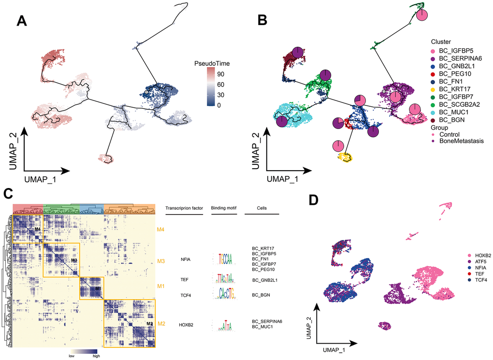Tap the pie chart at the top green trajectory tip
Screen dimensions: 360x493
tap(422, 15)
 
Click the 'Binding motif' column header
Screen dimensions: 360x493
tap(223, 208)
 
